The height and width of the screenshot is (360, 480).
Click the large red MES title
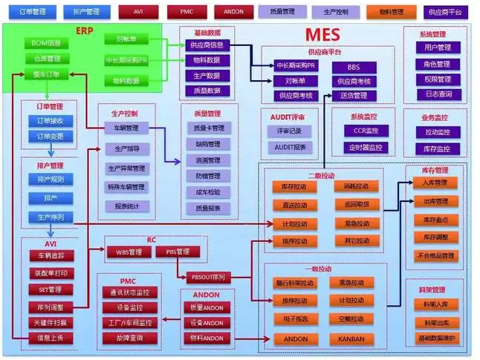pyautogui.click(x=322, y=34)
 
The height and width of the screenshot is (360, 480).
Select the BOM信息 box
pyautogui.click(x=46, y=43)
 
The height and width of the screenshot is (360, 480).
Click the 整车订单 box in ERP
pyautogui.click(x=46, y=73)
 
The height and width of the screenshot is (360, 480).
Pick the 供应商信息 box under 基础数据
pyautogui.click(x=207, y=45)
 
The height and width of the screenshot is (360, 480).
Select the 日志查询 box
pyautogui.click(x=432, y=94)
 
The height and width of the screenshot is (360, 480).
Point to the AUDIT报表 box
pyautogui.click(x=291, y=147)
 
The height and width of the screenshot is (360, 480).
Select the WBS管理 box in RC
pyautogui.click(x=129, y=252)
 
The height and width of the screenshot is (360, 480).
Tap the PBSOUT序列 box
pyautogui.click(x=209, y=278)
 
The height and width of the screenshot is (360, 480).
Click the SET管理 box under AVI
pyautogui.click(x=50, y=289)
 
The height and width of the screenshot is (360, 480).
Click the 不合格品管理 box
pyautogui.click(x=434, y=256)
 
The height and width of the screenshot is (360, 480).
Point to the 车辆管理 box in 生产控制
pyautogui.click(x=126, y=128)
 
